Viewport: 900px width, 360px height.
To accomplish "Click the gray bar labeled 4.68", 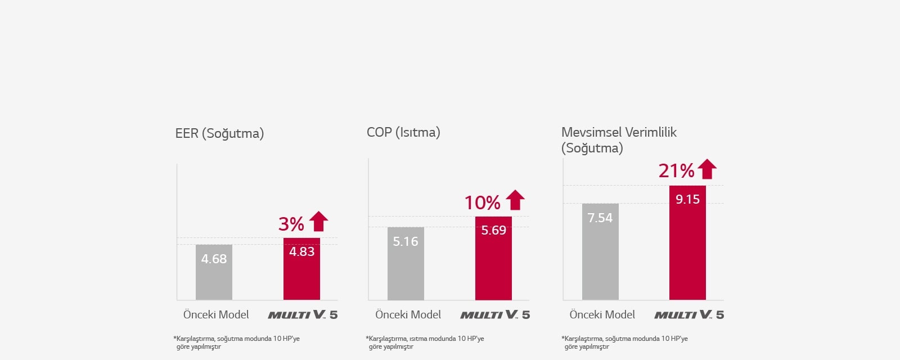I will pos(214,272).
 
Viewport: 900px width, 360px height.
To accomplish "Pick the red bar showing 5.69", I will pos(493,258).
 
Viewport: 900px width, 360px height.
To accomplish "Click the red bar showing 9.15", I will pos(687,242).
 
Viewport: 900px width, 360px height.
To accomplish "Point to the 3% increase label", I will pos(291,224).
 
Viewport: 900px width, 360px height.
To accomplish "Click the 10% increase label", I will pos(482,202).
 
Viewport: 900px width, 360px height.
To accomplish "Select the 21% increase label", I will pos(676,170).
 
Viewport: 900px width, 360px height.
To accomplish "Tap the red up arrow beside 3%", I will pos(318,221).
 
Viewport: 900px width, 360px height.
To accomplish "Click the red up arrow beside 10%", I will pos(515,200).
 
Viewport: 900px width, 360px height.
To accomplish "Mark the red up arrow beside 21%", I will pos(707,169).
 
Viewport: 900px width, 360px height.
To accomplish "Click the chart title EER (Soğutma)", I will pos(219,133).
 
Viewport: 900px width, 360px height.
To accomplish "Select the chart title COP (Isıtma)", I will pos(403,132).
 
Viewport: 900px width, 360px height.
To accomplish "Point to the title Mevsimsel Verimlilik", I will pos(619,132).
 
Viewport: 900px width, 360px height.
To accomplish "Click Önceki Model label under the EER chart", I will pos(216,314).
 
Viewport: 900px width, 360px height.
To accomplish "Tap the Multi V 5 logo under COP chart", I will pos(495,314).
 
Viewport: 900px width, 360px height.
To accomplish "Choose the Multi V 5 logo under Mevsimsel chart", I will pos(689,314).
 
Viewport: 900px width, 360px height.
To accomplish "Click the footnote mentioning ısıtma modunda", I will pos(425,342).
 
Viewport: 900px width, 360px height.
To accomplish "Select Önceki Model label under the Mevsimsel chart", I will pos(602,314).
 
